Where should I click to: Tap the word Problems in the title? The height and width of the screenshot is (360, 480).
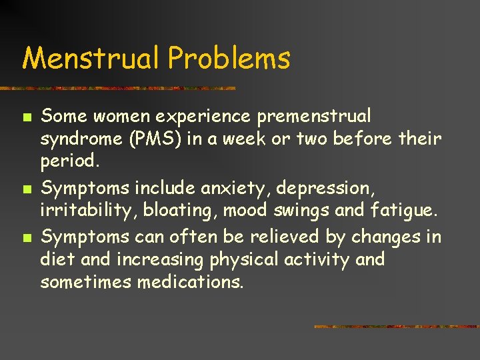point(229,58)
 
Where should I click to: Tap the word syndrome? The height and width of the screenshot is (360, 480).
point(81,139)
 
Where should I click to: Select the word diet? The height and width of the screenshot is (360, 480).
point(56,259)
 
